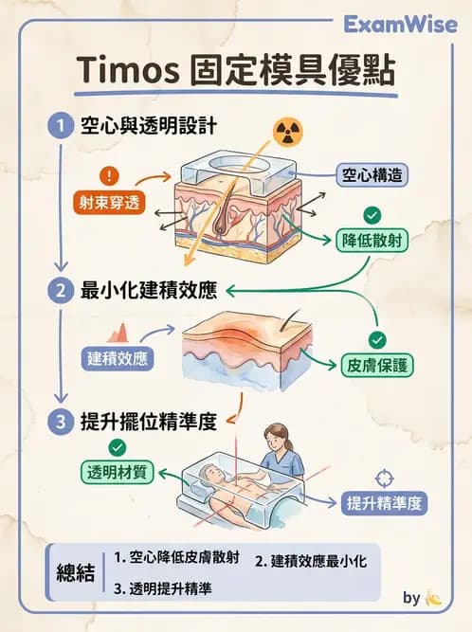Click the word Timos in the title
(x=118, y=71)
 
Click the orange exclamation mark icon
(x=111, y=176)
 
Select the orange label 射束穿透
(x=111, y=202)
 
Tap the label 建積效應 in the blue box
(x=118, y=357)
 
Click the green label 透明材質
(x=118, y=472)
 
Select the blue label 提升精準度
(x=384, y=502)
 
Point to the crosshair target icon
(x=385, y=476)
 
